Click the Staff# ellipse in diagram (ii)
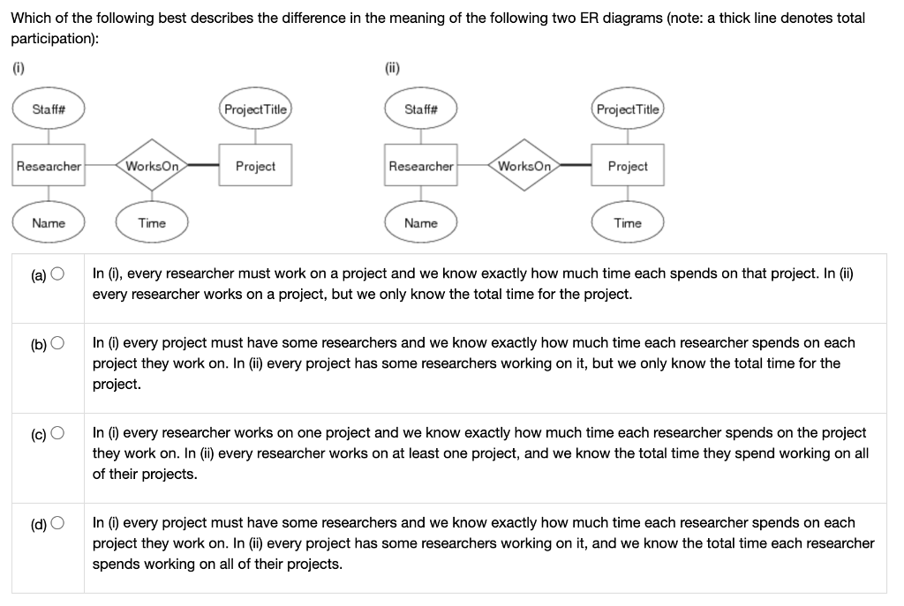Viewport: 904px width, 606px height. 420,109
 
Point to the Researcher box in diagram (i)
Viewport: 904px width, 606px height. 49,166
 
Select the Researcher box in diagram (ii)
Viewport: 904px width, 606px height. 421,166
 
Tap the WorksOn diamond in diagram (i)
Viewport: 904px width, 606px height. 153,166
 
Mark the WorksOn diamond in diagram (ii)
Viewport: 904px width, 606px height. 524,166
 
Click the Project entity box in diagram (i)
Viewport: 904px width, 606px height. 255,166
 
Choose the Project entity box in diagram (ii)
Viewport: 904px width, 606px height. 628,166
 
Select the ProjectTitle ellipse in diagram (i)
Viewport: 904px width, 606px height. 255,109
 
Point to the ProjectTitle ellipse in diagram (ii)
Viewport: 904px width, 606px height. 628,109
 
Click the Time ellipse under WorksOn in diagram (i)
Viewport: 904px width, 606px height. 152,223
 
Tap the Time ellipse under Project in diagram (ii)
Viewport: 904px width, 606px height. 628,223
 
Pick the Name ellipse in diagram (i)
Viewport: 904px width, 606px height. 49,223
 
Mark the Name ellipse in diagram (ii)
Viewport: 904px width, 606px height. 421,223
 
